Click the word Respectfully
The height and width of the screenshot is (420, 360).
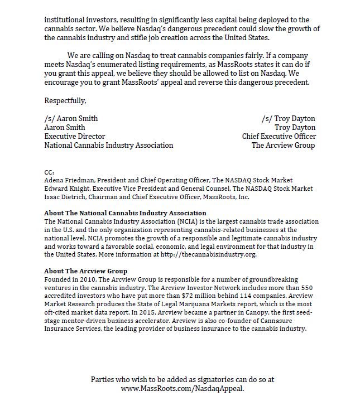pyautogui.click(x=65, y=101)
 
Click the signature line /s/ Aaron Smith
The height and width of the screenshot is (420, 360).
pyautogui.click(x=71, y=119)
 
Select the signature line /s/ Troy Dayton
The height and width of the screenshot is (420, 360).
pyautogui.click(x=288, y=119)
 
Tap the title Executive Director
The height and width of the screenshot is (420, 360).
pyautogui.click(x=75, y=137)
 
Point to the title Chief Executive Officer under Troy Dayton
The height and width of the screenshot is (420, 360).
pyautogui.click(x=279, y=137)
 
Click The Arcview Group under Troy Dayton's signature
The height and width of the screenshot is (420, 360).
pyautogui.click(x=283, y=146)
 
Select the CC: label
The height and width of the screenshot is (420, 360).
pyautogui.click(x=49, y=173)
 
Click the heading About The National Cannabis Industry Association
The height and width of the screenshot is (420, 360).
pyautogui.click(x=125, y=213)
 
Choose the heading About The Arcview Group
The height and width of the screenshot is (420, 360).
pyautogui.click(x=86, y=271)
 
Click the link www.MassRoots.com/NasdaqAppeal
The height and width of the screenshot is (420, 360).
pyautogui.click(x=183, y=388)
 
